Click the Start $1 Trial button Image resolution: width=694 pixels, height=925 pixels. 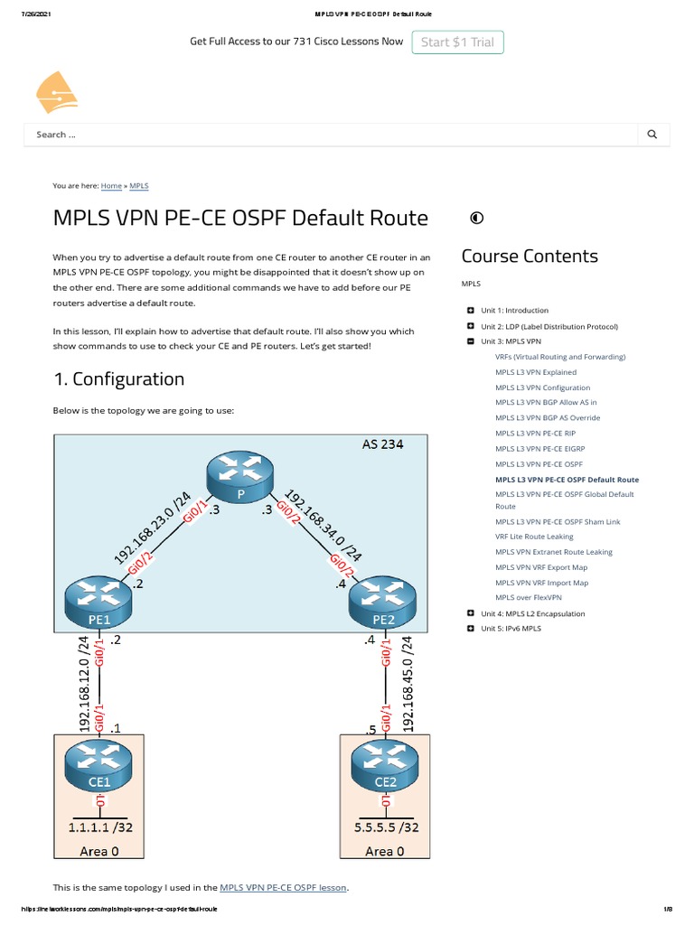[x=458, y=42]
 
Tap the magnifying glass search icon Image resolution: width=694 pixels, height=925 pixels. [x=652, y=135]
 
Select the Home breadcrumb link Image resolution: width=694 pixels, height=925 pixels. [x=111, y=185]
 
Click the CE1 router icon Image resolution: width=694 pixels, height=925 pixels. [x=99, y=766]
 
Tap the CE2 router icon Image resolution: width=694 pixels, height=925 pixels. [x=384, y=766]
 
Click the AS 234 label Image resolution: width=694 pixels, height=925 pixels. [x=382, y=444]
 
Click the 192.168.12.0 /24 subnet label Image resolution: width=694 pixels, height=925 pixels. [x=84, y=683]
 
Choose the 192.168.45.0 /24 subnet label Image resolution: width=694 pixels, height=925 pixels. [x=407, y=683]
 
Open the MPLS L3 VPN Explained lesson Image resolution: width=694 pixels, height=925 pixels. [x=535, y=372]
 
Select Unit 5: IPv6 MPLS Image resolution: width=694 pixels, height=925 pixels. [x=511, y=628]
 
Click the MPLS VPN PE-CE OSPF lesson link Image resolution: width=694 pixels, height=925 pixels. [x=283, y=887]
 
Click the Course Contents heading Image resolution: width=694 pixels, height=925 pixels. [x=530, y=256]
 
